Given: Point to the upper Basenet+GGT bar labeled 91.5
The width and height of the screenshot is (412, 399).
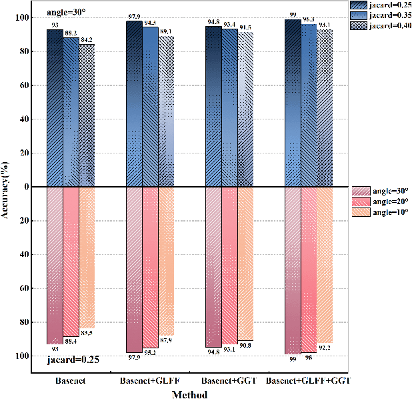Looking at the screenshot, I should [246, 109].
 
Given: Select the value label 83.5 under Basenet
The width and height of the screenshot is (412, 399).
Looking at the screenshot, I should [87, 333].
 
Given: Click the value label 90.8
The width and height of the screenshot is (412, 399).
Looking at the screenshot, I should [246, 346].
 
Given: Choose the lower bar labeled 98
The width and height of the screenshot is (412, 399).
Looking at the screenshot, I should [309, 270].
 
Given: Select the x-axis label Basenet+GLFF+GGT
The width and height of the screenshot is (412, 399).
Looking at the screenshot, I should [309, 380].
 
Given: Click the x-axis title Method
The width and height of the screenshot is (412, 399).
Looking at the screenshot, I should [189, 394].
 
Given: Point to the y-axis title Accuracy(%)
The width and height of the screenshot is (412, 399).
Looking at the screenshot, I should [6, 187].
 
